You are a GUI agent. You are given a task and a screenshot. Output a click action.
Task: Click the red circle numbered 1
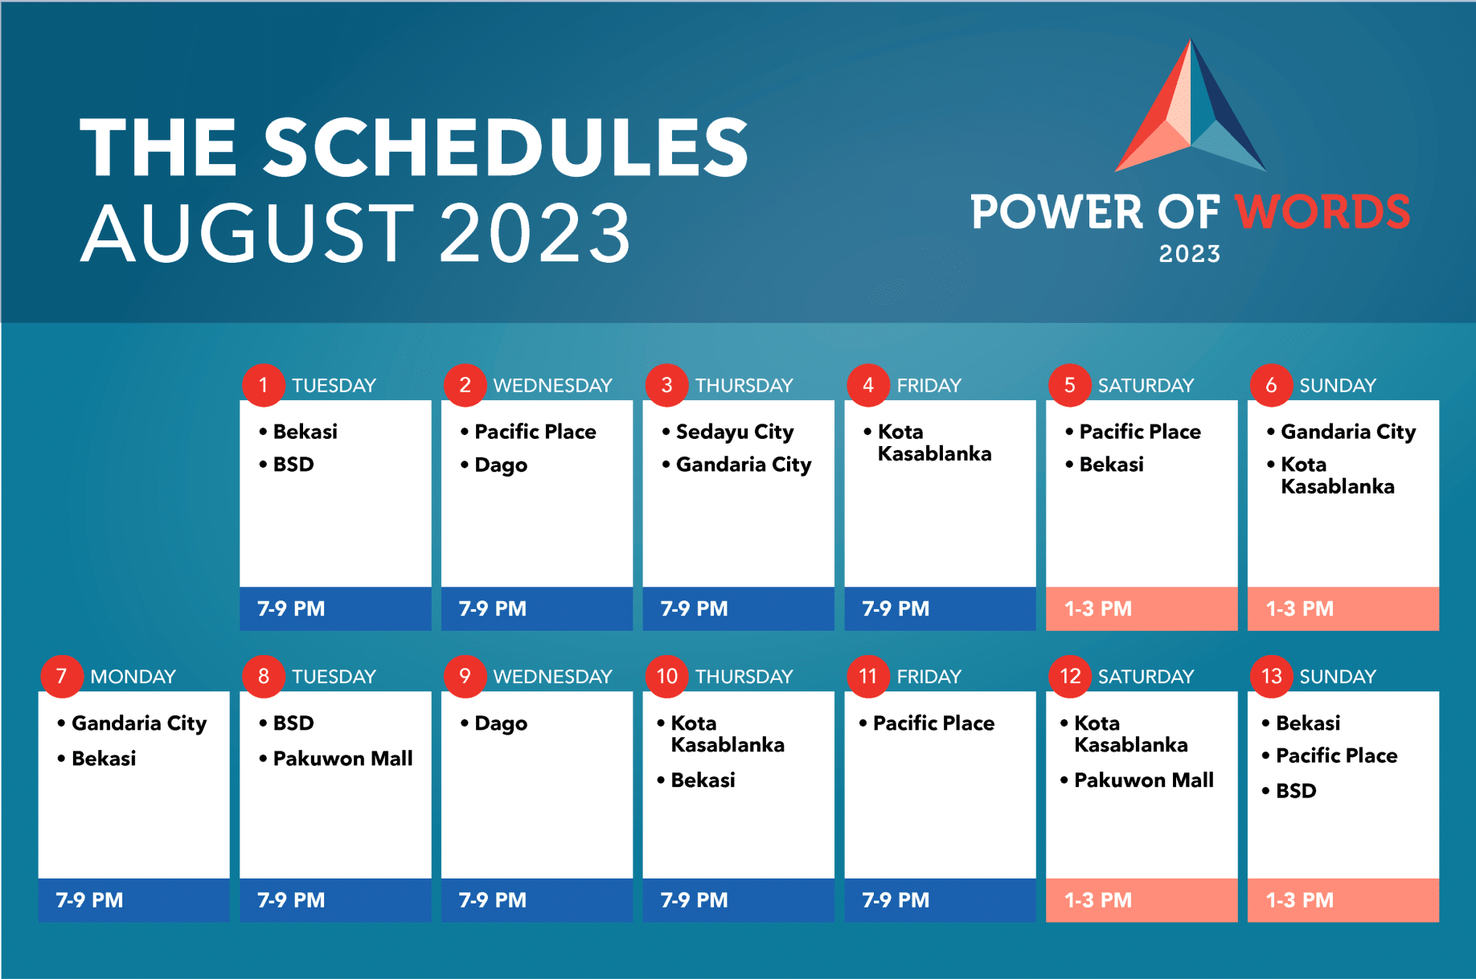point(264,385)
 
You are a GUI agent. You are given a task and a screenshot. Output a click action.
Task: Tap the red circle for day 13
point(1272,676)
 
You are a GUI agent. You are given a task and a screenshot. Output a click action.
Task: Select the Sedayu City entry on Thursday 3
point(735,432)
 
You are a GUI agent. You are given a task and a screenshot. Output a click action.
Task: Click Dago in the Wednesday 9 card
point(501,724)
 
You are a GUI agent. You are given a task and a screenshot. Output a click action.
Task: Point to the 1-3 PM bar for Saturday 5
point(1142,608)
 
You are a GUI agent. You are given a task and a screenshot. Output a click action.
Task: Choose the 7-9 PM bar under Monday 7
point(133,899)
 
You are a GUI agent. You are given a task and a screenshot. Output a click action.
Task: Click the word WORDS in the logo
point(1322,212)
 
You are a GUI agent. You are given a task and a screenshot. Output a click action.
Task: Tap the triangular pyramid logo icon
point(1190,105)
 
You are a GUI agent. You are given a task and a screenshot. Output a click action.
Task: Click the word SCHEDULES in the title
point(506,147)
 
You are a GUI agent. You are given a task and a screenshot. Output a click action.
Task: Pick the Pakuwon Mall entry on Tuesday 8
point(342,758)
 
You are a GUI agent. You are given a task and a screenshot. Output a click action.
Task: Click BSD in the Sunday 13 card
point(1296,791)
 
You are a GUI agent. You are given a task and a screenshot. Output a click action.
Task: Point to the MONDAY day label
point(133,677)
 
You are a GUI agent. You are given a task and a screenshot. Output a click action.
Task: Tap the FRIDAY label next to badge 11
point(929,677)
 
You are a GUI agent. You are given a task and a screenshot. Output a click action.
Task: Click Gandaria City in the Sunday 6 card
point(1348,432)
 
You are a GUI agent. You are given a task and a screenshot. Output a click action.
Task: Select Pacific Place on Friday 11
point(933,723)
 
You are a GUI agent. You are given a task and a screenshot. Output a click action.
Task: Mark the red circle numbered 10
point(667,676)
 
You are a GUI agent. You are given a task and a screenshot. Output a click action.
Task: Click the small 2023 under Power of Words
point(1190,254)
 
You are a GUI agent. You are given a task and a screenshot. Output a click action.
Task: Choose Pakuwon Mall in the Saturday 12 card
point(1144,780)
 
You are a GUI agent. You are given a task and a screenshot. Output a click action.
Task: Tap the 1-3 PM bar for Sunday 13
point(1343,899)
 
